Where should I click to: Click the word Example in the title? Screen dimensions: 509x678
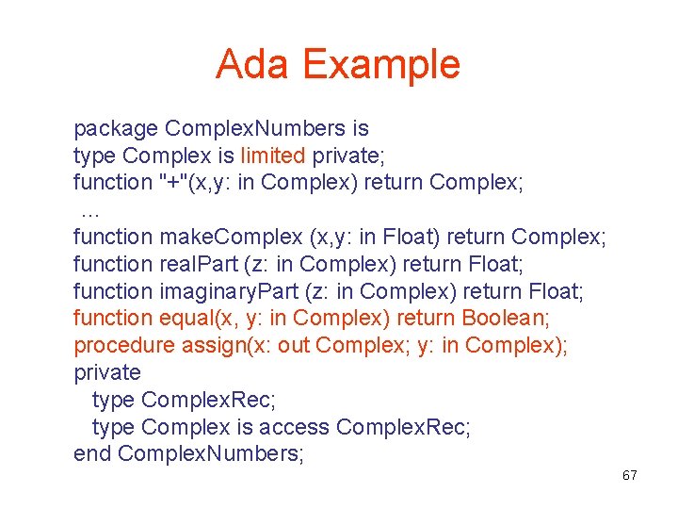pos(381,64)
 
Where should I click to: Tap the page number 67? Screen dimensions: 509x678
pos(629,475)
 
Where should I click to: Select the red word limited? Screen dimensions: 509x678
pos(273,156)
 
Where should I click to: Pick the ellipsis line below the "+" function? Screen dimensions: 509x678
pos(90,209)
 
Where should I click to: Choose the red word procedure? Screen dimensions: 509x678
pos(124,345)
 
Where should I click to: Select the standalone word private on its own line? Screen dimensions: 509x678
pos(107,372)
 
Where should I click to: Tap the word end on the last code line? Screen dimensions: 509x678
pos(93,454)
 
